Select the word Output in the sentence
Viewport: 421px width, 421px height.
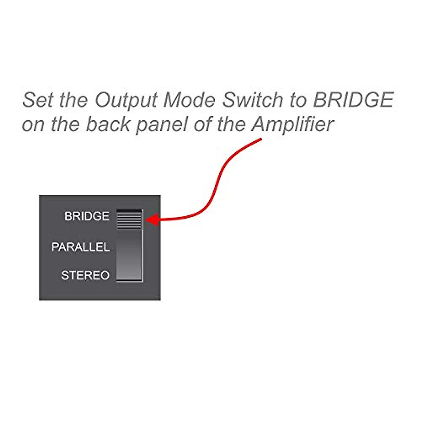(x=126, y=100)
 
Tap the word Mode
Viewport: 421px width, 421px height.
(x=189, y=100)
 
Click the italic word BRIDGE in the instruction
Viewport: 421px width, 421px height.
(x=353, y=100)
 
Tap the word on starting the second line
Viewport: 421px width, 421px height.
(x=33, y=125)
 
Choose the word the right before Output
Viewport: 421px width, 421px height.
(x=73, y=100)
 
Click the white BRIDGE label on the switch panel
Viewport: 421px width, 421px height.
(x=87, y=216)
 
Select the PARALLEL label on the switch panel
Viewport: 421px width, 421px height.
(x=80, y=247)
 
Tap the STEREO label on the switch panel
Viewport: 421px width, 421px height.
(x=85, y=275)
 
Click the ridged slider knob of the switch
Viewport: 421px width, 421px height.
(x=129, y=219)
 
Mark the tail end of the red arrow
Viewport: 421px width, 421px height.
(x=261, y=140)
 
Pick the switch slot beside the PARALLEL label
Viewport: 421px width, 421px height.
(x=129, y=247)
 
